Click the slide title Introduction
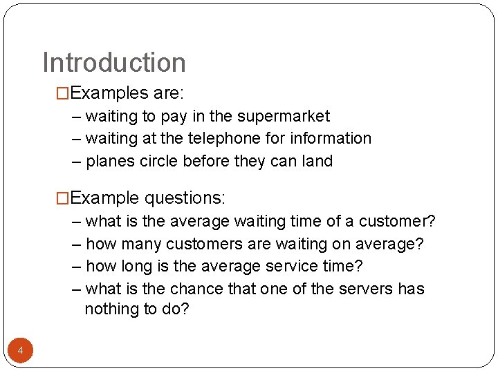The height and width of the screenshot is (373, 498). click(x=114, y=62)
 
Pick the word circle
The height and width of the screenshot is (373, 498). click(x=160, y=162)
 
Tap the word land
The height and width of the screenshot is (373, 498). click(x=318, y=162)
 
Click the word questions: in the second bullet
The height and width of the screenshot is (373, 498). click(x=185, y=198)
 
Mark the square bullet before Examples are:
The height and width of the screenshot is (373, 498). click(x=63, y=93)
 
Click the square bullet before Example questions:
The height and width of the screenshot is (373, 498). click(x=63, y=198)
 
